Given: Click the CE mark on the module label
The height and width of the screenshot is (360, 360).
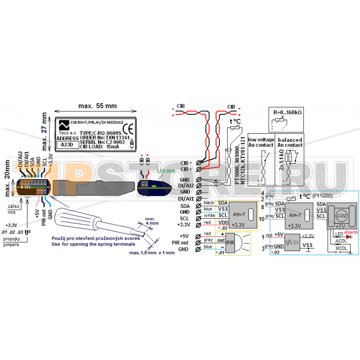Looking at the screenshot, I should [127, 127].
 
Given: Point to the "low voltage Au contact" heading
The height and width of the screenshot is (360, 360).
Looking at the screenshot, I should [261, 143].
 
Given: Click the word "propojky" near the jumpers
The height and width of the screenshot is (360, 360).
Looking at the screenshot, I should [11, 238].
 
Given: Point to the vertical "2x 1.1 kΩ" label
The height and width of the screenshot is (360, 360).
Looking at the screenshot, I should [281, 160].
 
